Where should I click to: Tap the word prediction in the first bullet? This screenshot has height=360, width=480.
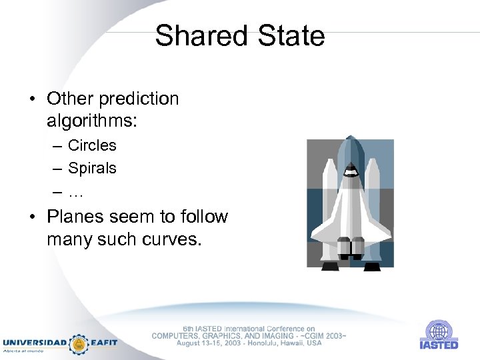tap(139, 99)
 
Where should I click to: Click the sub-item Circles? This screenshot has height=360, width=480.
tap(92, 145)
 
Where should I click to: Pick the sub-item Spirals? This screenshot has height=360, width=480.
tap(92, 168)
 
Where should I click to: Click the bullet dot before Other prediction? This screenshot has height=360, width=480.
tap(32, 100)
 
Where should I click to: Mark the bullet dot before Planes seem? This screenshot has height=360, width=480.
tap(32, 217)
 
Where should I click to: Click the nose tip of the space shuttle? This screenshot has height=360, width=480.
tap(350, 138)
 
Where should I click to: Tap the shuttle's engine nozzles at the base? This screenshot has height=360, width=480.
tap(350, 247)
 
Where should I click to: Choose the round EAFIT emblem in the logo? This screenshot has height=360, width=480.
tap(79, 343)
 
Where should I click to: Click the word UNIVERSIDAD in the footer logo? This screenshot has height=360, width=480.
tap(35, 343)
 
